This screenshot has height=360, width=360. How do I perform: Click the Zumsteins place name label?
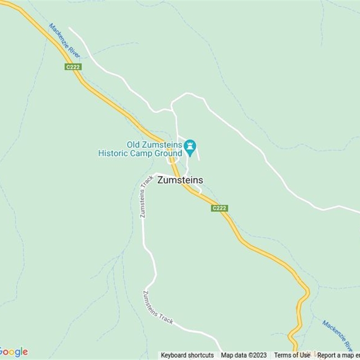pyautogui.click(x=180, y=180)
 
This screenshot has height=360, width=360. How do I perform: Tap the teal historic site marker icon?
pyautogui.click(x=190, y=147)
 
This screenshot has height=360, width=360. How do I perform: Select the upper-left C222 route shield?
pyautogui.click(x=72, y=67)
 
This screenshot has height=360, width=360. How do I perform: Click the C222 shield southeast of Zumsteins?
pyautogui.click(x=219, y=208)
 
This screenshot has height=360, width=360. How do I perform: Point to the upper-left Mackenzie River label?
pyautogui.click(x=64, y=40)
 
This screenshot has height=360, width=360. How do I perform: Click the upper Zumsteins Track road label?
pyautogui.click(x=147, y=196)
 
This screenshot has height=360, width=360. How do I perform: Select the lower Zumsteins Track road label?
pyautogui.click(x=158, y=307)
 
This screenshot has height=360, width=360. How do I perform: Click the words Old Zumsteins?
pyautogui.click(x=154, y=145)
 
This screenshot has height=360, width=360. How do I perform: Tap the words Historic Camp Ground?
pyautogui.click(x=140, y=153)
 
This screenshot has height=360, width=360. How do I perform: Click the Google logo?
pyautogui.click(x=13, y=351)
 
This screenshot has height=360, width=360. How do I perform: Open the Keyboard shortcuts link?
pyautogui.click(x=187, y=355)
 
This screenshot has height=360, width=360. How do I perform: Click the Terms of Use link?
pyautogui.click(x=292, y=355)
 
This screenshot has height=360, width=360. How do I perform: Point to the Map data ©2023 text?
pyautogui.click(x=244, y=355)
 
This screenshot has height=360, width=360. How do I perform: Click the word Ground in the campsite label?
pyautogui.click(x=169, y=153)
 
